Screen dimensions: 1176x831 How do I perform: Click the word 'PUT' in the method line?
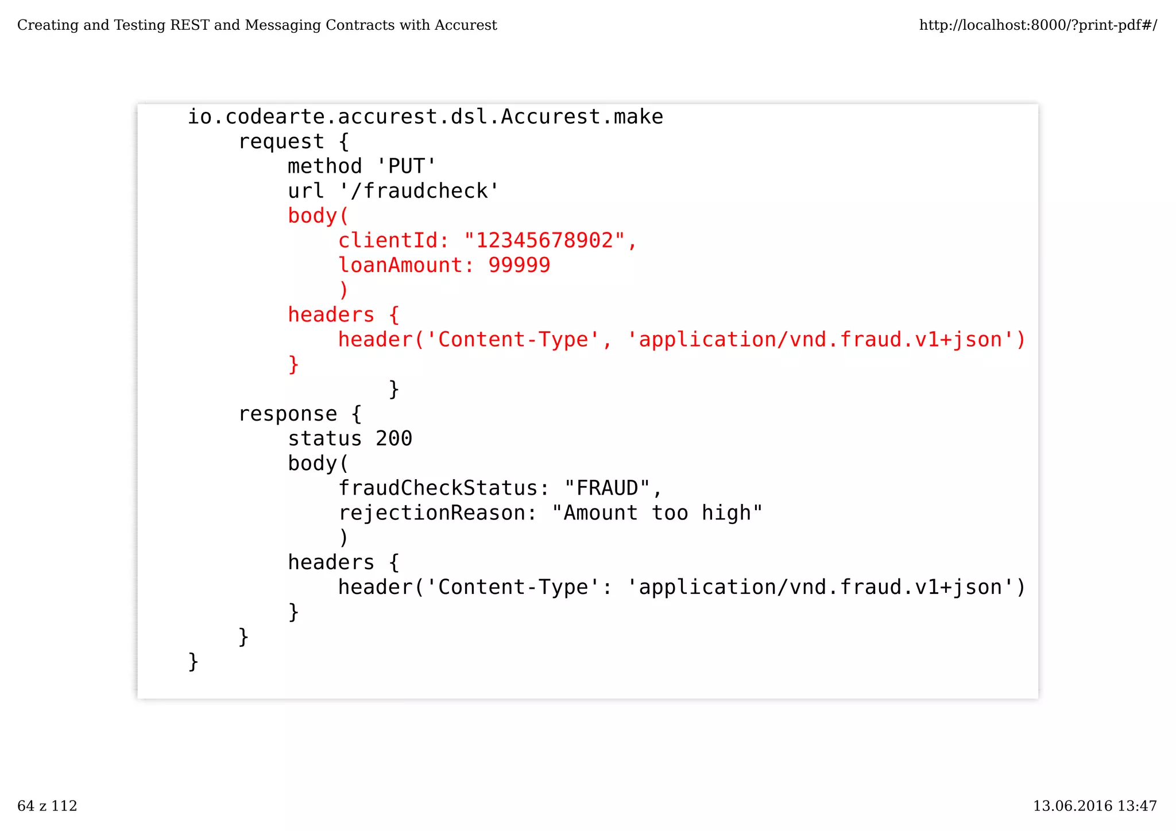pyautogui.click(x=407, y=166)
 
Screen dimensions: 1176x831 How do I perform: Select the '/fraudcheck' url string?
pyautogui.click(x=419, y=191)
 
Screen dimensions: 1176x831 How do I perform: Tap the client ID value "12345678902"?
pyautogui.click(x=544, y=240)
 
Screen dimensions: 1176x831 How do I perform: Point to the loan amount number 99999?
pyautogui.click(x=519, y=265)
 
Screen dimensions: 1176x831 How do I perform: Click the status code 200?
pyautogui.click(x=394, y=438)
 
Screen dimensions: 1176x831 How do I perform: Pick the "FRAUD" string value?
pyautogui.click(x=607, y=488)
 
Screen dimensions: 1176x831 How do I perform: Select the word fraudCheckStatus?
pyautogui.click(x=438, y=488)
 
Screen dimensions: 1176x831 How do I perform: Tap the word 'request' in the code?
pyautogui.click(x=281, y=142)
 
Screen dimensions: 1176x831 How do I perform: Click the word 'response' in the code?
pyautogui.click(x=288, y=414)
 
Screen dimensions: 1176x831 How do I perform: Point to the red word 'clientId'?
pyautogui.click(x=388, y=240)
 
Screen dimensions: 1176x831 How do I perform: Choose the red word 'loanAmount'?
pyautogui.click(x=400, y=265)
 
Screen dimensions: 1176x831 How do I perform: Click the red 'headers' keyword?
pyautogui.click(x=331, y=315)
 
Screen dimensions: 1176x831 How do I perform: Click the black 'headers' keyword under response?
pyautogui.click(x=331, y=562)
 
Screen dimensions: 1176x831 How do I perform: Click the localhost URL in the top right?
pyautogui.click(x=1038, y=25)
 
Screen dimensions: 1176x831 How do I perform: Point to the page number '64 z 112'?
pyautogui.click(x=47, y=806)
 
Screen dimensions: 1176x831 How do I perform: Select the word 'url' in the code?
pyautogui.click(x=306, y=191)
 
